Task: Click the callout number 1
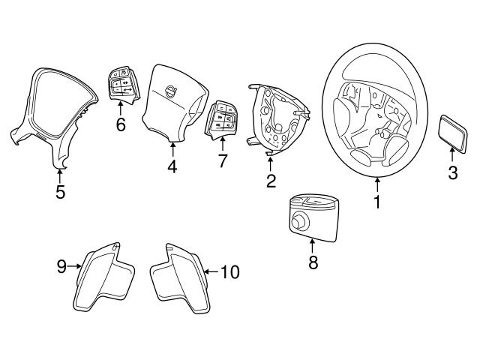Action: point(378,202)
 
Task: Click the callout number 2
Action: point(271,180)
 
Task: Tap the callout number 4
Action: point(172,166)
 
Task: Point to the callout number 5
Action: point(60,192)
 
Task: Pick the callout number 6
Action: point(121,124)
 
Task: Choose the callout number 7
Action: point(222,161)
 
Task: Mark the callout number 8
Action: point(313,262)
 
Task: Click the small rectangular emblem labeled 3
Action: point(452,132)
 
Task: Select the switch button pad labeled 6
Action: point(121,84)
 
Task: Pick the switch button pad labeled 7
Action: point(222,119)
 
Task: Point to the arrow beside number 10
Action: point(211,271)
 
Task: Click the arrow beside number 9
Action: point(75,264)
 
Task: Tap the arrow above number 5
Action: point(60,175)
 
